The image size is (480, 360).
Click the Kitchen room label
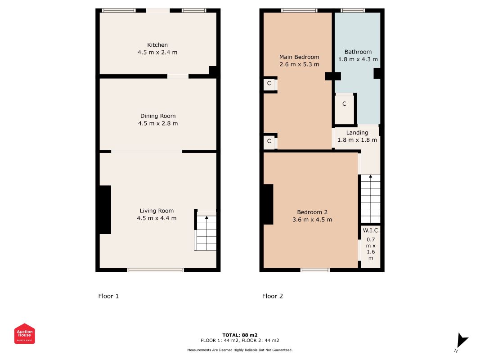(x=157, y=45)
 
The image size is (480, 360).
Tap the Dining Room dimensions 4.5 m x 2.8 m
(x=158, y=123)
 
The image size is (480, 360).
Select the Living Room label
(x=157, y=211)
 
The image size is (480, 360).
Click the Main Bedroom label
(x=299, y=57)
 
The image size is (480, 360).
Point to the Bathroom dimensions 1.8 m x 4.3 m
(x=358, y=59)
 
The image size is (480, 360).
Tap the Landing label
(x=357, y=133)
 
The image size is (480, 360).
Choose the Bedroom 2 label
(x=312, y=212)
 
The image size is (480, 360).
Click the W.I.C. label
(x=371, y=230)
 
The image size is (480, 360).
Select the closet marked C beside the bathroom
(x=345, y=109)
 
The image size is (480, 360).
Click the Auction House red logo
(x=24, y=333)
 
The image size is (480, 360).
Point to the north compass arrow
(x=462, y=340)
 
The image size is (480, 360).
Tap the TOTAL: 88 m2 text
(x=240, y=335)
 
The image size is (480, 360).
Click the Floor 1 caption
(x=108, y=296)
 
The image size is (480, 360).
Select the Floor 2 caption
(x=273, y=296)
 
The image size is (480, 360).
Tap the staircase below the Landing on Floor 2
(x=370, y=198)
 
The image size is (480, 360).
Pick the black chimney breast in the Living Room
(x=105, y=210)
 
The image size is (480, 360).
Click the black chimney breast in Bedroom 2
(x=268, y=204)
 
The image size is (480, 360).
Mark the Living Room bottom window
(x=156, y=270)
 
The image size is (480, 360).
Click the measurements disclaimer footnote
(x=240, y=350)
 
